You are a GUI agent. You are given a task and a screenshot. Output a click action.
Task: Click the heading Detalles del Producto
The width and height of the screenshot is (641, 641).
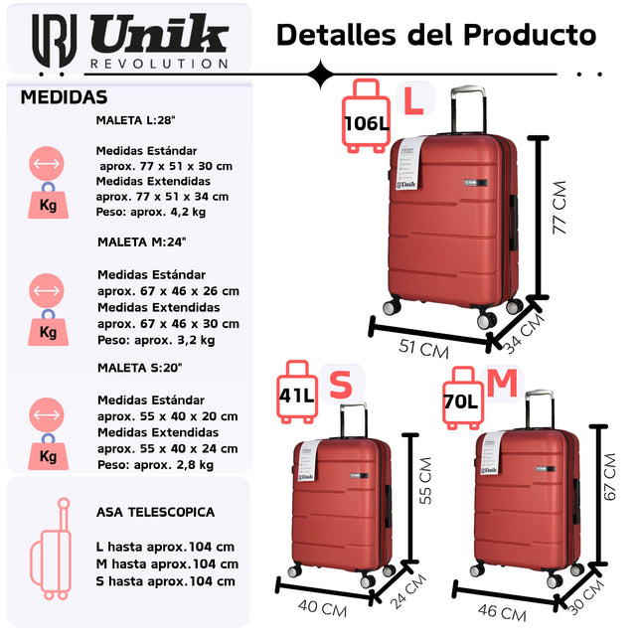435,35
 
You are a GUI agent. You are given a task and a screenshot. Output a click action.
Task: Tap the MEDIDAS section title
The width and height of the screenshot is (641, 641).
64,97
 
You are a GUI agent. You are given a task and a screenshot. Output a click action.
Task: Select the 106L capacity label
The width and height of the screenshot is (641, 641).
366,124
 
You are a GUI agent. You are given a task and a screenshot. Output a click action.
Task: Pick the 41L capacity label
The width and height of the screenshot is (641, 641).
297,397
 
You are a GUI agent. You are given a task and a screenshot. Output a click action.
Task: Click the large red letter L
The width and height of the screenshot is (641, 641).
411,99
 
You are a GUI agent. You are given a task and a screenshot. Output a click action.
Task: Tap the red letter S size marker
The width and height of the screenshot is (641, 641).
341,385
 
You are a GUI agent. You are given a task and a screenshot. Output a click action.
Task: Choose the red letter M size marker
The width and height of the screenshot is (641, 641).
503,383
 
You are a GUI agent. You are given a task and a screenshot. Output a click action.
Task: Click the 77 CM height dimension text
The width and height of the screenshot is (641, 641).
560,208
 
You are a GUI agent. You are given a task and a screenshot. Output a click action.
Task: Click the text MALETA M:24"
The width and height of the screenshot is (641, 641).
142,241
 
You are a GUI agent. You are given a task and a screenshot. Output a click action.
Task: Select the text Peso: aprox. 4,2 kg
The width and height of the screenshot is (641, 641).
151,212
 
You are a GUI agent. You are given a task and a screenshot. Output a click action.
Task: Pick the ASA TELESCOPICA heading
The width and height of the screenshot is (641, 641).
155,512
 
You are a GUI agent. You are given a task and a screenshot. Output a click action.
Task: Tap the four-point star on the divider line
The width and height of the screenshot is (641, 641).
321,74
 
